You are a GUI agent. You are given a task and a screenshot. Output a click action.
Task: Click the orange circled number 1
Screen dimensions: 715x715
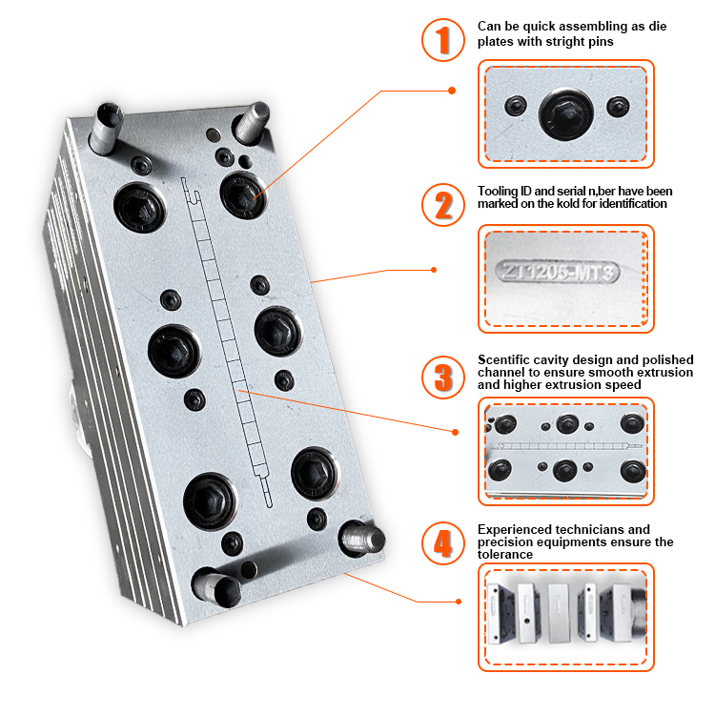[x=442, y=40]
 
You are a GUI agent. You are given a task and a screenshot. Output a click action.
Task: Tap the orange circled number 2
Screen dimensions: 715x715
[x=442, y=205]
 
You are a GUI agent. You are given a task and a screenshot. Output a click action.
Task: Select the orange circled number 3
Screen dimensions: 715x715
[x=442, y=378]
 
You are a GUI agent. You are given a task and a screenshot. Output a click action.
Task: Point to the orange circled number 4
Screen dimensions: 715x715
[x=442, y=543]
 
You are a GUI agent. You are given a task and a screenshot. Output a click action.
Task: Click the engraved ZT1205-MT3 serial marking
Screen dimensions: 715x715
[x=558, y=272]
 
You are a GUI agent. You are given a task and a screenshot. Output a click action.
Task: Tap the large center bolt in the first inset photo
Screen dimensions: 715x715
[x=566, y=113]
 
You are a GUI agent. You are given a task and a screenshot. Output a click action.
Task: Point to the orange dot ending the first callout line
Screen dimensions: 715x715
[x=452, y=91]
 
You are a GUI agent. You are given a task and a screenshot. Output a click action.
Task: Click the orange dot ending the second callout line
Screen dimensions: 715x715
[x=434, y=270]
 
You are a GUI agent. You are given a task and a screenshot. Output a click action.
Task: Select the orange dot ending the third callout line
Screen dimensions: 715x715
[x=455, y=432]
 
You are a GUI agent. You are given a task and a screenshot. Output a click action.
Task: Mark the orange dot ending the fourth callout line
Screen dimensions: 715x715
[x=459, y=602]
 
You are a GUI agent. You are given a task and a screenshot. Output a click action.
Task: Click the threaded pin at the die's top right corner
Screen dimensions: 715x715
[x=251, y=122]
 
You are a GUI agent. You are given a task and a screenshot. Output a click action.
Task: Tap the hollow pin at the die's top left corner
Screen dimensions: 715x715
[x=106, y=128]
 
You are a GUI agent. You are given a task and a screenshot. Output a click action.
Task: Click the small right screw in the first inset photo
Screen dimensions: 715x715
[x=618, y=107]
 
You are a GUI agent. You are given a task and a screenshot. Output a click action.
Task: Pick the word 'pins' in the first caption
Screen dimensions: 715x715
[x=602, y=42]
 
